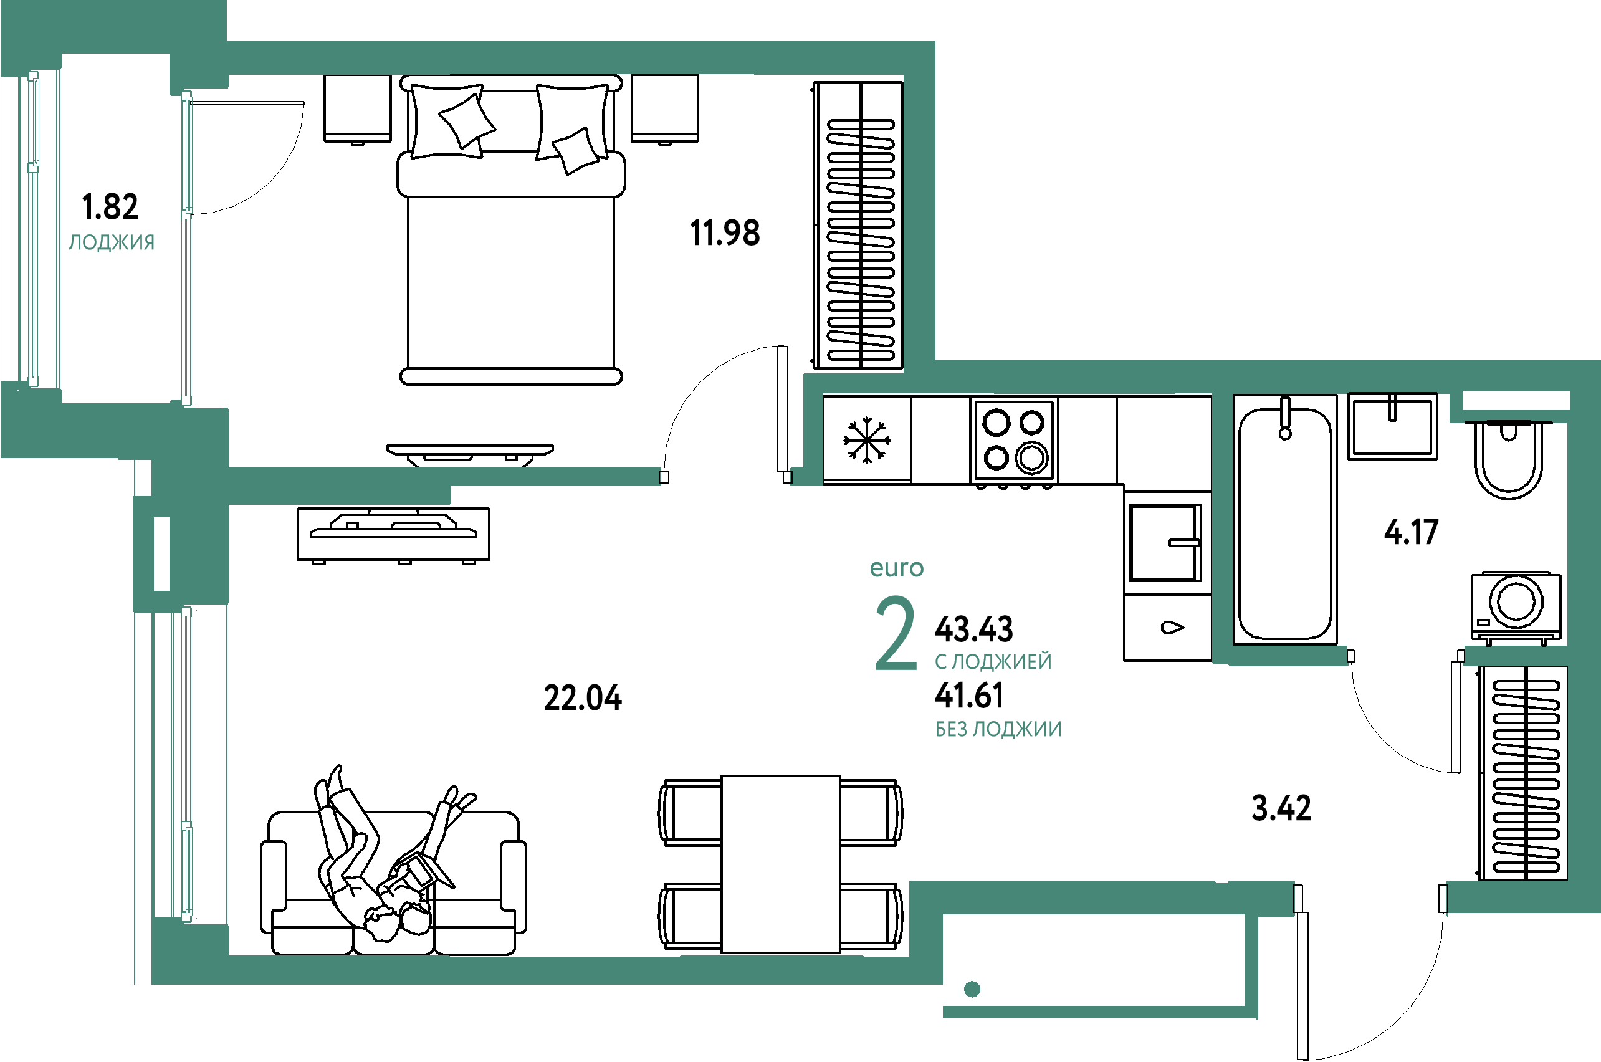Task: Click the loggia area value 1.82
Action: (x=110, y=206)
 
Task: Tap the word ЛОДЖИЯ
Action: (x=112, y=242)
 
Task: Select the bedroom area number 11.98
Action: (x=725, y=233)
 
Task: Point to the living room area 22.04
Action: (x=583, y=697)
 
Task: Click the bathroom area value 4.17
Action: (x=1412, y=532)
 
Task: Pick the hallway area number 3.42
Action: (x=1281, y=807)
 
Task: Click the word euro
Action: (x=897, y=568)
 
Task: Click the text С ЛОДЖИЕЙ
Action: (x=993, y=661)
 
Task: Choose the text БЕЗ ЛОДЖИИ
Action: (x=998, y=729)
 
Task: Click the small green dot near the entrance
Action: (x=972, y=990)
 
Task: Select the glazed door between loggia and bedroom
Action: (x=187, y=247)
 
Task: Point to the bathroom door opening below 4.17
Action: (x=1406, y=656)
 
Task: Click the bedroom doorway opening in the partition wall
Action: (x=725, y=477)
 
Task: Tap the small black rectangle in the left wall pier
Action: (x=161, y=553)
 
